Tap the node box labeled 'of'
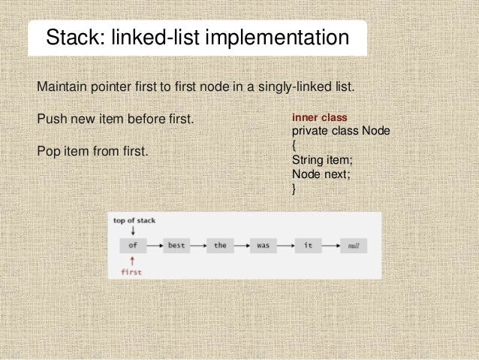tap(132, 245)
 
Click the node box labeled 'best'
tap(177, 245)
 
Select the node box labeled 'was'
tap(264, 245)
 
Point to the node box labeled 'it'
tap(308, 245)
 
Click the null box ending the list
tap(351, 245)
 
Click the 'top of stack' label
tap(134, 220)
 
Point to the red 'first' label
tap(131, 271)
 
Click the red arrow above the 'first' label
tap(132, 260)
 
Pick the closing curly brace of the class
tap(294, 187)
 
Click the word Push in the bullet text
tap(51, 119)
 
